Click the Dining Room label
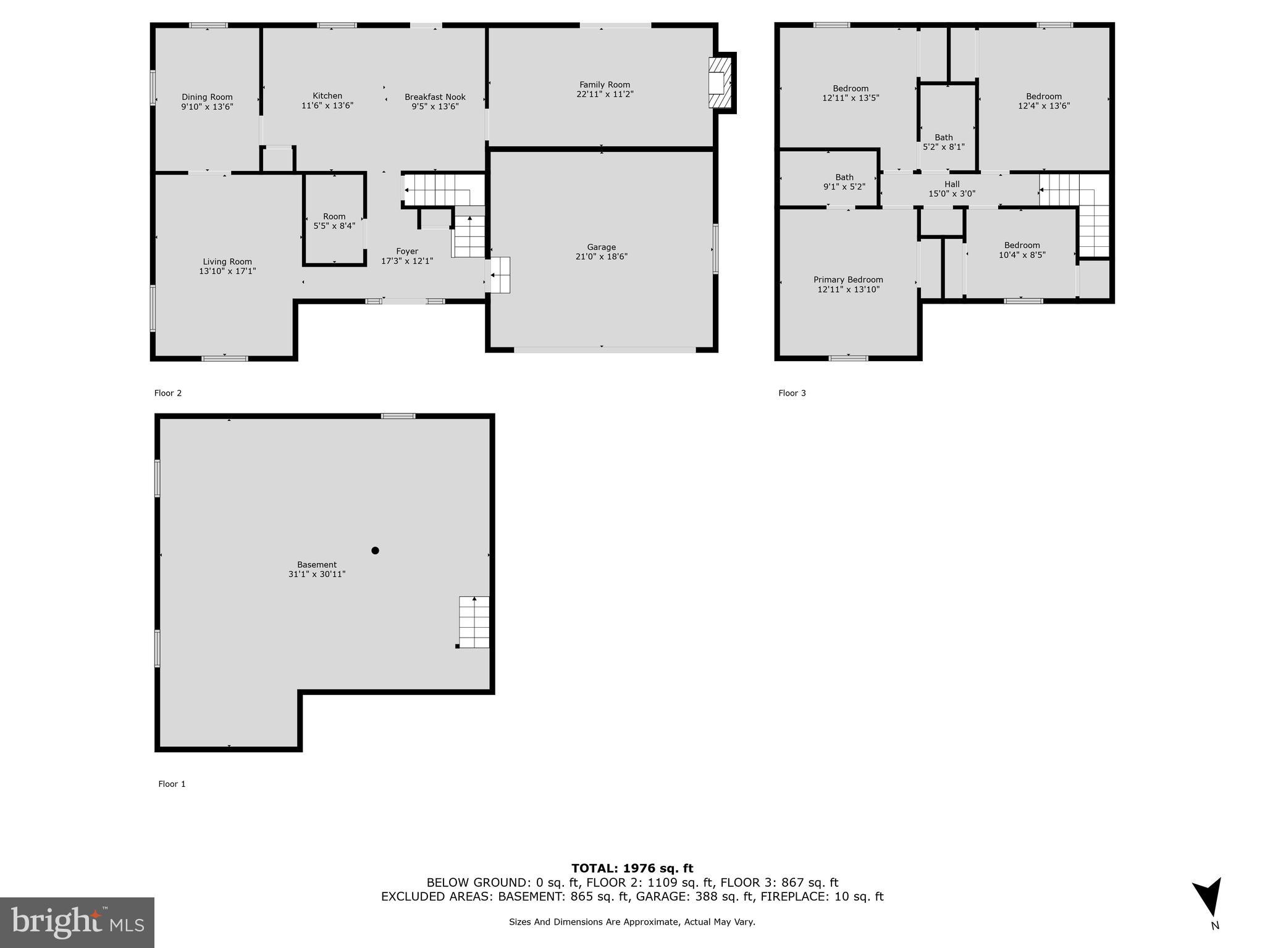click(x=207, y=97)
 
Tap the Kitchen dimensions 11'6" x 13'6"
click(x=327, y=106)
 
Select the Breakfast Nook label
click(x=435, y=97)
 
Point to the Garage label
click(x=601, y=247)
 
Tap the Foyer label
click(x=407, y=251)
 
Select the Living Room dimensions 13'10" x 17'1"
click(x=227, y=271)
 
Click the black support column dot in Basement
click(x=375, y=551)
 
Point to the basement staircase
click(x=474, y=622)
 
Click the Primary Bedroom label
click(x=848, y=280)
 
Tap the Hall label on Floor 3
click(x=952, y=184)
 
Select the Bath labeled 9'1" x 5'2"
click(x=844, y=182)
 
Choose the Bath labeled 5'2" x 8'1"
click(x=943, y=142)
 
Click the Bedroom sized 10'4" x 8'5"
click(x=1022, y=250)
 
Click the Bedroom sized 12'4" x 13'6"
click(x=1044, y=101)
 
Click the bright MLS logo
click(x=77, y=922)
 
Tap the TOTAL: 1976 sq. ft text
click(x=632, y=868)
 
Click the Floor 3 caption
click(x=792, y=393)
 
